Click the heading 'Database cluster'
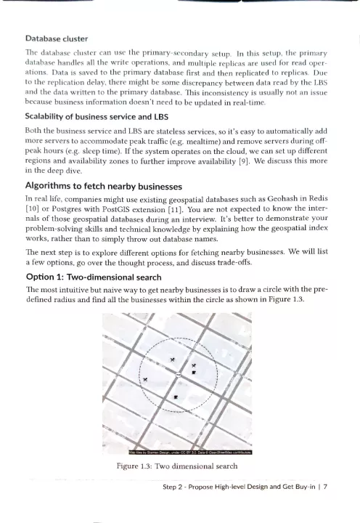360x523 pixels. click(57, 38)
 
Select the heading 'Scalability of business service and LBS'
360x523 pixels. click(97, 117)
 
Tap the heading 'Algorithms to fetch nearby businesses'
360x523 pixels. click(104, 186)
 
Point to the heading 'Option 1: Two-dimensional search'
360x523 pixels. click(94, 277)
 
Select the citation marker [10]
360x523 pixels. click(33, 209)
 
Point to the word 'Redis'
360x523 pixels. click(319, 198)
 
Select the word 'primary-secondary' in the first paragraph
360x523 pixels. click(174, 53)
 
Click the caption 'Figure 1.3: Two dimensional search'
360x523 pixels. click(177, 466)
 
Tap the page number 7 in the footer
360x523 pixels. click(325, 487)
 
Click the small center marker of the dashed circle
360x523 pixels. click(178, 375)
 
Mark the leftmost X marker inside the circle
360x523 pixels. click(145, 379)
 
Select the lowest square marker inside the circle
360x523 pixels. click(176, 397)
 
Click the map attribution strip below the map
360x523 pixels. click(190, 453)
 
